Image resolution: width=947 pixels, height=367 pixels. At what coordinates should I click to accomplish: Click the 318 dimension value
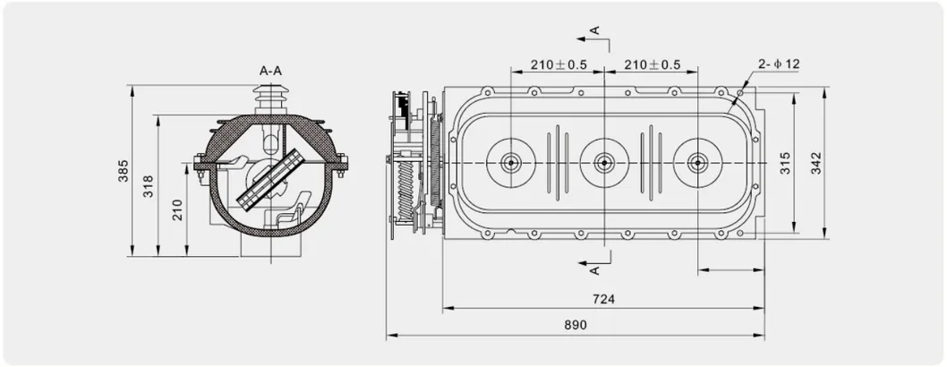tap(149, 186)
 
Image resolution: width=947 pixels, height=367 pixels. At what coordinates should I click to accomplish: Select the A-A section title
tap(270, 71)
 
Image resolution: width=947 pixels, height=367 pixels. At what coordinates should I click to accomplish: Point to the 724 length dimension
tap(603, 299)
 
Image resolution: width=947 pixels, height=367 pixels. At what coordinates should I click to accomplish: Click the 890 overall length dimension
tap(576, 325)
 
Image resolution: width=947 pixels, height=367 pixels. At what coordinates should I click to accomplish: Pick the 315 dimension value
tap(785, 163)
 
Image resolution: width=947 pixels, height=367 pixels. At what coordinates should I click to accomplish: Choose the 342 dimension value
tap(816, 163)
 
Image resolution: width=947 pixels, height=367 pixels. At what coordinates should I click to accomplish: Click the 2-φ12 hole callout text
tap(779, 64)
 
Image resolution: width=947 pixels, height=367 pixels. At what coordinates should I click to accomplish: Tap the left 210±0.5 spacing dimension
tap(559, 64)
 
